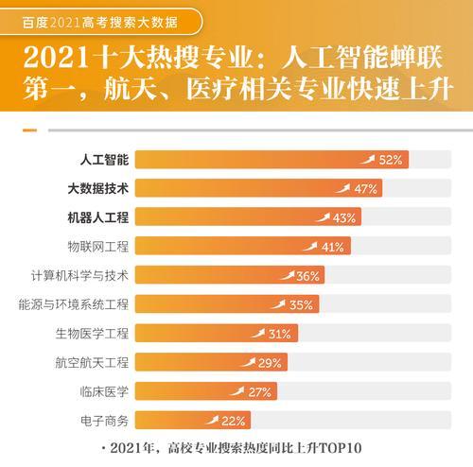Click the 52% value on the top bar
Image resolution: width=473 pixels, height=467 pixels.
392,160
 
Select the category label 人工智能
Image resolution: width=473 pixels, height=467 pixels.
103,159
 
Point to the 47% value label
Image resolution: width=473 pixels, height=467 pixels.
366,188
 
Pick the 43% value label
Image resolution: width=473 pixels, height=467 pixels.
344,217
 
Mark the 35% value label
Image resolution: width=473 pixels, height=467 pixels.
301,304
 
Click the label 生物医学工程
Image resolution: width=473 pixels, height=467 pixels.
92,334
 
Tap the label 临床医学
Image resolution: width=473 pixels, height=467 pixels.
103,391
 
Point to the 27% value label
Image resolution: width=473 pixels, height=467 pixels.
261,391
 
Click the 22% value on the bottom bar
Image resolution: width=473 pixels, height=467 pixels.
234,421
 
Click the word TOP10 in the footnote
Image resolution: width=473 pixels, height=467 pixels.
344,447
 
